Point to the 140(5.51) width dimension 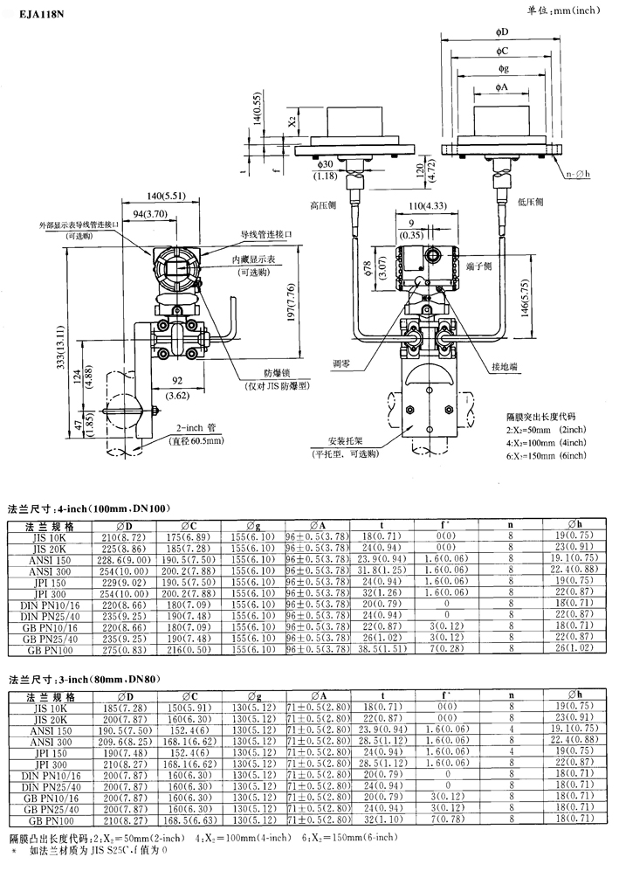[142, 197]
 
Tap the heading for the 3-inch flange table [87, 678]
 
